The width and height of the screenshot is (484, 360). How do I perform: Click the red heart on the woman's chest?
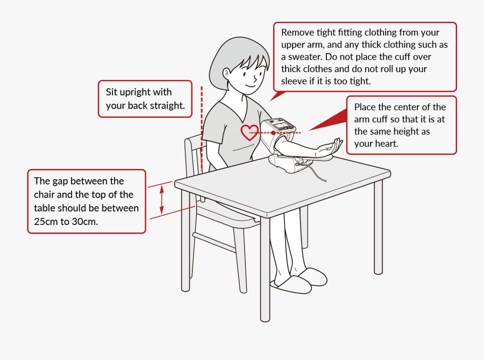coord(249,132)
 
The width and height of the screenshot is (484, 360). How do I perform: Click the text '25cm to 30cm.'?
coord(66,221)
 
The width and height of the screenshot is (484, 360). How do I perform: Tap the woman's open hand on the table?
coord(329,147)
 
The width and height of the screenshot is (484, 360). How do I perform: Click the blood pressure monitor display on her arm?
coord(280,125)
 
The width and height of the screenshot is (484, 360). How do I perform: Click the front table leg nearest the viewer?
coord(265,269)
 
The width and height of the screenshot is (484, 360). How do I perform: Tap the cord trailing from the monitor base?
coord(321,177)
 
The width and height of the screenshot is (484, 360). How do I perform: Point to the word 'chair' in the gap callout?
coord(47,194)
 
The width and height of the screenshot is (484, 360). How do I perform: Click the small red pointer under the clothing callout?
coord(277,95)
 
